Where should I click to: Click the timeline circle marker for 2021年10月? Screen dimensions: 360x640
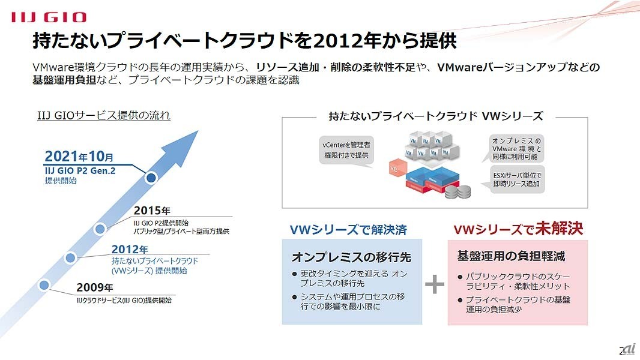point(151,178)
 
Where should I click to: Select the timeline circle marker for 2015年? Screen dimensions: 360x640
point(101,228)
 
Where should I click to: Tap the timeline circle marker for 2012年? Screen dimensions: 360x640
point(70,258)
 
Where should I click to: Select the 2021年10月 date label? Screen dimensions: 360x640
point(79,157)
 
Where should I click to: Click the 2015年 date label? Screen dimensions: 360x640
point(152,211)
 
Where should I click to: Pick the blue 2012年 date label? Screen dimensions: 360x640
point(130,250)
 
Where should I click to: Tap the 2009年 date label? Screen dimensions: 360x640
point(94,288)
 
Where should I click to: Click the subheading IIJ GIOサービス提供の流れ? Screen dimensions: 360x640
point(104,115)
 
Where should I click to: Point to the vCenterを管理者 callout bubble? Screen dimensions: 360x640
point(345,150)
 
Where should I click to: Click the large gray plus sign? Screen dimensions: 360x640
point(435,285)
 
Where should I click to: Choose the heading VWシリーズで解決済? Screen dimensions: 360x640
point(348,230)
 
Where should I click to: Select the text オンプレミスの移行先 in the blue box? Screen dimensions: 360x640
point(351,257)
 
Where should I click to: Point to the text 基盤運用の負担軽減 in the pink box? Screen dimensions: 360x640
point(511,256)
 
